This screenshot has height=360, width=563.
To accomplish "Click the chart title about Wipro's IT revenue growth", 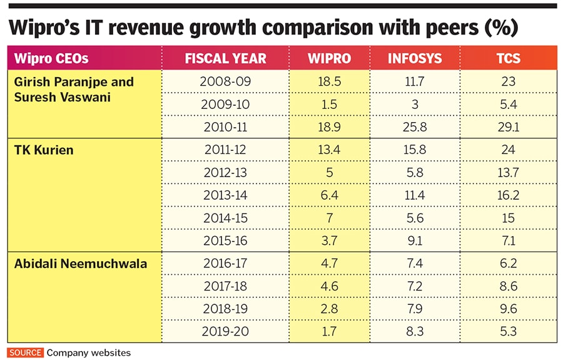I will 263,29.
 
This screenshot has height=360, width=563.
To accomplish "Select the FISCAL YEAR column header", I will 225,59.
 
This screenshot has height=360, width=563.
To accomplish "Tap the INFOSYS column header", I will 414,59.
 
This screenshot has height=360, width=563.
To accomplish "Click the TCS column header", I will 508,59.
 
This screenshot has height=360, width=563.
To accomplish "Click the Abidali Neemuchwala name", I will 81,264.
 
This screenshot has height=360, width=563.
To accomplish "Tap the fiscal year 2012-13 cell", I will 225,173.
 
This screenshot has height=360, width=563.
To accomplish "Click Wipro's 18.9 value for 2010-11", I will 329,127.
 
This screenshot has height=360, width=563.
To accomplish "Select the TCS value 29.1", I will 508,127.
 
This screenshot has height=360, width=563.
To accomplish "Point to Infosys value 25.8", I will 414,127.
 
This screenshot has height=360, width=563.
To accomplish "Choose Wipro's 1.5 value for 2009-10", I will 329,105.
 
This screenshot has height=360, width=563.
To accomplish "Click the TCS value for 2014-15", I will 508,218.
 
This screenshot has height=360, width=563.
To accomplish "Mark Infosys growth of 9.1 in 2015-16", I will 414,241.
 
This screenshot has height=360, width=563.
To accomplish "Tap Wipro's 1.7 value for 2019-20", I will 329,332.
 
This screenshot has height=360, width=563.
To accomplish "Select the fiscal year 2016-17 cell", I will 225,264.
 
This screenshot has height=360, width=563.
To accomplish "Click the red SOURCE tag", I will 26,352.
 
